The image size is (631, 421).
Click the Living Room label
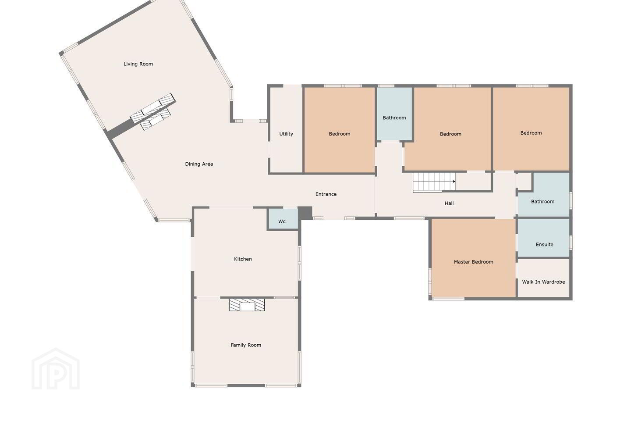138,64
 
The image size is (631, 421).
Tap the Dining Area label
199,164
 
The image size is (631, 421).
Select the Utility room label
286,134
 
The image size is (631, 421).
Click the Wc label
282,221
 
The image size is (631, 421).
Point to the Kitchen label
243,259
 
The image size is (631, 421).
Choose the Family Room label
246,345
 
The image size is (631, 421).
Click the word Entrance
326,194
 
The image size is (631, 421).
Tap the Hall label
449,203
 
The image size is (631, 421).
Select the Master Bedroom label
473,262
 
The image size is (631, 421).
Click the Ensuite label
544,244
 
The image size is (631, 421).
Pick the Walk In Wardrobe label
543,282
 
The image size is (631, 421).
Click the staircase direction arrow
454,182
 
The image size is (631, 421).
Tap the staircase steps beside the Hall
434,182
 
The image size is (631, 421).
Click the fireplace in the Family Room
247,305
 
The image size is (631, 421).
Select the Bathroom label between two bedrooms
394,118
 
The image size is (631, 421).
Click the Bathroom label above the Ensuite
542,202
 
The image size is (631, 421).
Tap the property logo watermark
56,369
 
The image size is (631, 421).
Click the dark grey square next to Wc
305,213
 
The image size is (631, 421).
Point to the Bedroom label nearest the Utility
340,134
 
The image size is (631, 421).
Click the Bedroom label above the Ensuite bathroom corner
531,133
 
